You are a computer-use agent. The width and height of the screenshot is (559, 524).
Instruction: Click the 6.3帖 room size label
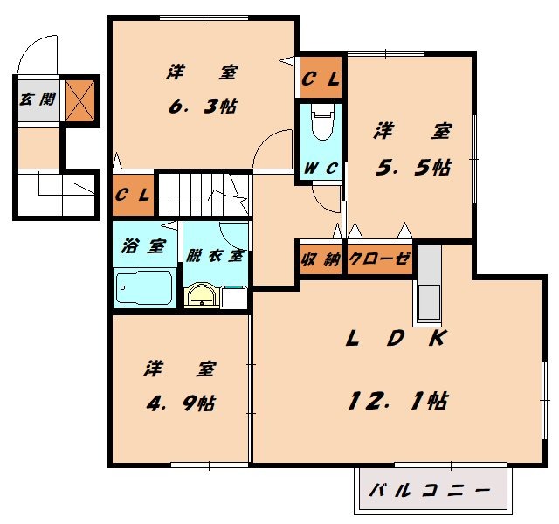(202, 106)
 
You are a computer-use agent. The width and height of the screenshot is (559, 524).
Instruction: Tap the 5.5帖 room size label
(413, 167)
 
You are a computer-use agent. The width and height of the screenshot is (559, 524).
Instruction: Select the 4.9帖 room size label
(181, 403)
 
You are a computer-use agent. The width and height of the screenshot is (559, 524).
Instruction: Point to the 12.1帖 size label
(398, 400)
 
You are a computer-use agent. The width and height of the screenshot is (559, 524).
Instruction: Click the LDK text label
(396, 338)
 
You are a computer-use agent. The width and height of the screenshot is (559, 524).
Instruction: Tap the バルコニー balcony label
(429, 491)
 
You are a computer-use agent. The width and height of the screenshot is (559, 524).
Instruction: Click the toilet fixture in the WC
(321, 123)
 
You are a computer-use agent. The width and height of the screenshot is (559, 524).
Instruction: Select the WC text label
(321, 169)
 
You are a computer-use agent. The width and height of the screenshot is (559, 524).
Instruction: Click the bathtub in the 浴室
(143, 287)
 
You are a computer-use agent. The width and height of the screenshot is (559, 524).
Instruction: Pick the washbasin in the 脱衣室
(202, 295)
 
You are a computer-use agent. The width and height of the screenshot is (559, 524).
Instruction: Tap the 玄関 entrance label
(38, 99)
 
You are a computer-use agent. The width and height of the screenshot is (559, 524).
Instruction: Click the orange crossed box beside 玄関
(79, 101)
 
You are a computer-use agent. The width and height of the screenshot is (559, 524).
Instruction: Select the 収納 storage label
(321, 259)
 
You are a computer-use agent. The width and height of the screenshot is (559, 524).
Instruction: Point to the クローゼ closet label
(380, 259)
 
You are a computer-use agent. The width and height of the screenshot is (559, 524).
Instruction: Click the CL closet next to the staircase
(133, 195)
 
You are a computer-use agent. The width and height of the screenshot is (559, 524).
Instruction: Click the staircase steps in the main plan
(204, 195)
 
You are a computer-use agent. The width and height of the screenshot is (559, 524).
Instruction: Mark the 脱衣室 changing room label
(215, 256)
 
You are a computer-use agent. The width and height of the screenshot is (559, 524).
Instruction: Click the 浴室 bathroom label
(144, 246)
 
